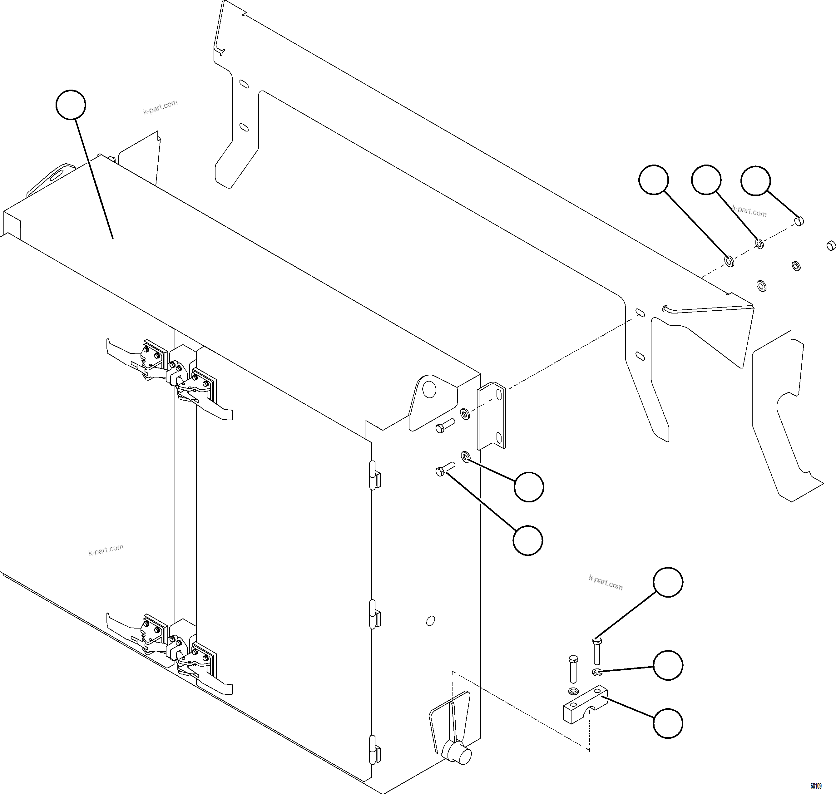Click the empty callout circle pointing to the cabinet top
[x=71, y=105]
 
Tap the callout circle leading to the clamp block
[x=668, y=723]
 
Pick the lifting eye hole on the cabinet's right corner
[x=429, y=389]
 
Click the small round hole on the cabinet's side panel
[x=430, y=621]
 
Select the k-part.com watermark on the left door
[x=106, y=550]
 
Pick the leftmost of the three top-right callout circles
[x=653, y=180]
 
